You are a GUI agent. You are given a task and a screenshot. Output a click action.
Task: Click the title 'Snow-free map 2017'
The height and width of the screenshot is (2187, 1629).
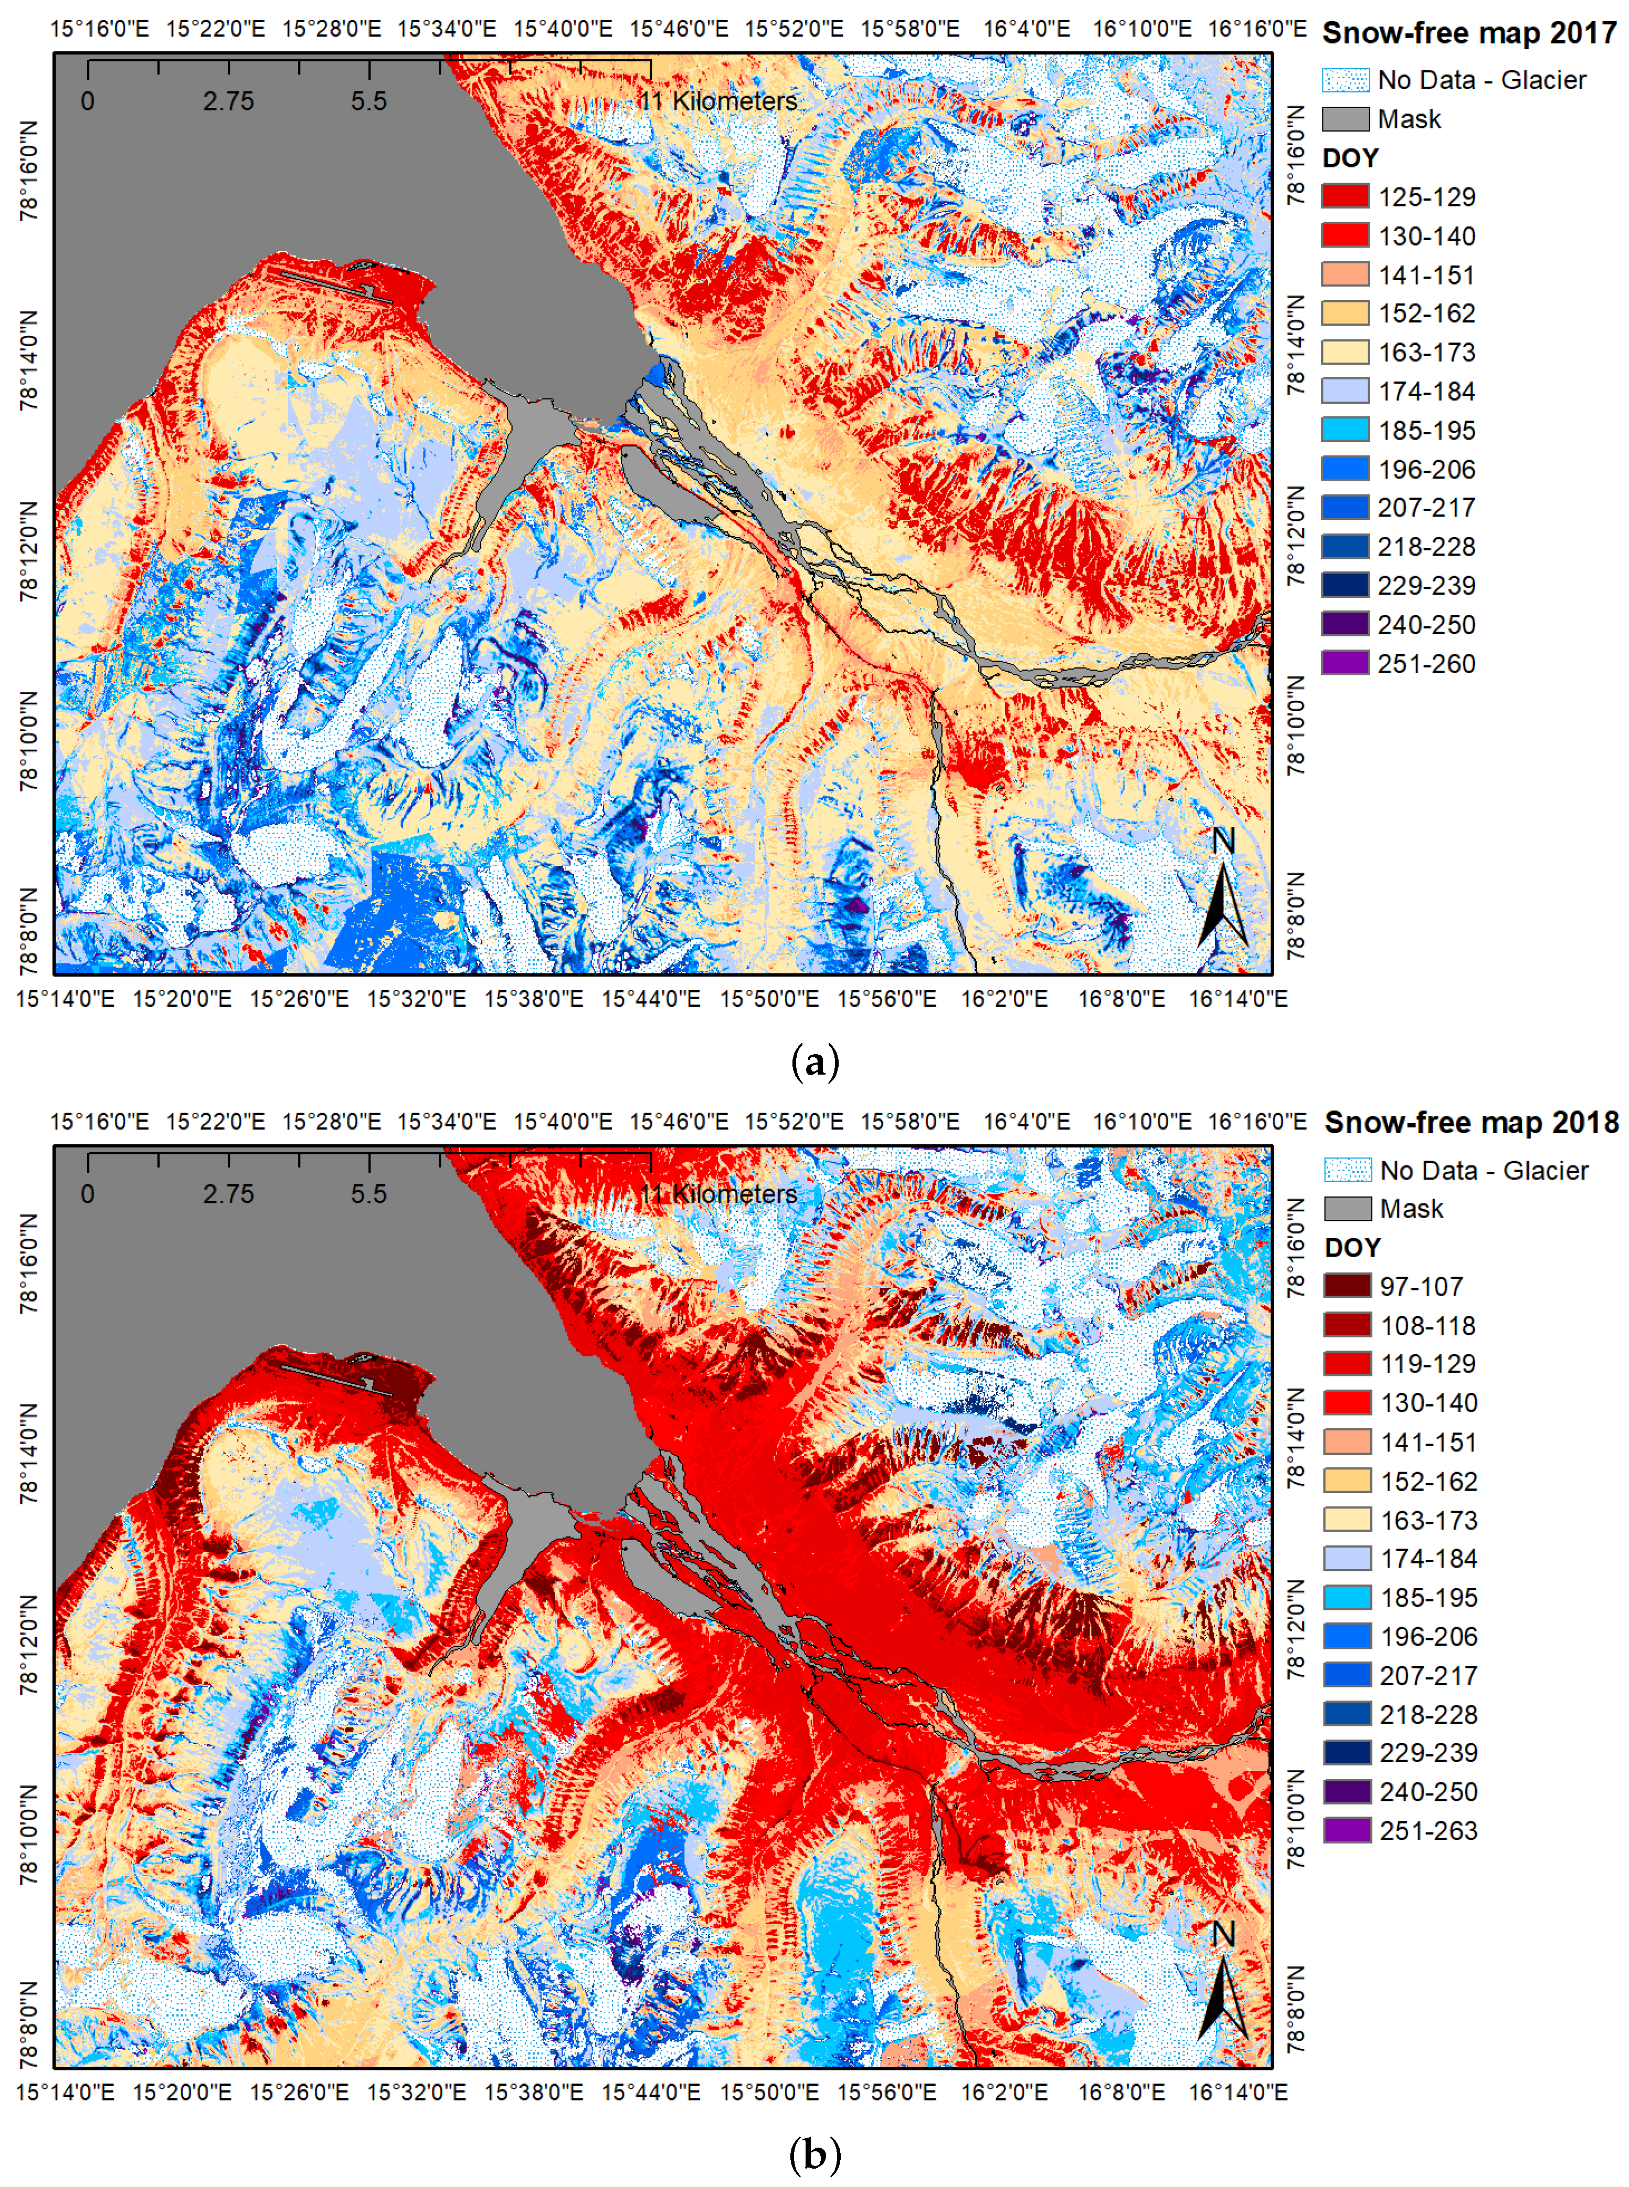click(x=1468, y=34)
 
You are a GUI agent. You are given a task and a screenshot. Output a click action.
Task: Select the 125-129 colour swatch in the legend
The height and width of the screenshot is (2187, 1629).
click(x=1345, y=196)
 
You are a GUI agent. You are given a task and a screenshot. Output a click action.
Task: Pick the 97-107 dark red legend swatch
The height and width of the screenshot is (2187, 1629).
click(x=1347, y=1286)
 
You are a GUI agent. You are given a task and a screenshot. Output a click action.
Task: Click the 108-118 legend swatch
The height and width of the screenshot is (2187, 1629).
click(x=1347, y=1325)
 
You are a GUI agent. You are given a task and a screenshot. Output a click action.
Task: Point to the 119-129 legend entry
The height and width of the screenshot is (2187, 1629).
click(x=1428, y=1364)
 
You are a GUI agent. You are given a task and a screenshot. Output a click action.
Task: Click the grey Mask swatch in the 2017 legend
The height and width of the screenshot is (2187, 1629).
click(x=1345, y=119)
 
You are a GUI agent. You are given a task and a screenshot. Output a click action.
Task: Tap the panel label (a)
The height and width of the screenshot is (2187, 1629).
click(x=814, y=1063)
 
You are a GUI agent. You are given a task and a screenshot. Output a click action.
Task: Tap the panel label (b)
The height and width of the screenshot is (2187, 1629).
click(x=814, y=2156)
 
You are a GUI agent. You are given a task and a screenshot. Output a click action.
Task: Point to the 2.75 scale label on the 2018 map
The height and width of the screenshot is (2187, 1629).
click(x=229, y=1194)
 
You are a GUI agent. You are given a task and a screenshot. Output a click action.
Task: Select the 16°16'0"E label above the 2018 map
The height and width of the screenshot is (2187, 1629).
click(x=1257, y=1122)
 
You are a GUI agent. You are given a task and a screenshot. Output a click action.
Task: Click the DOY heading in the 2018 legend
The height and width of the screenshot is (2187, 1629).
click(x=1352, y=1247)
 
